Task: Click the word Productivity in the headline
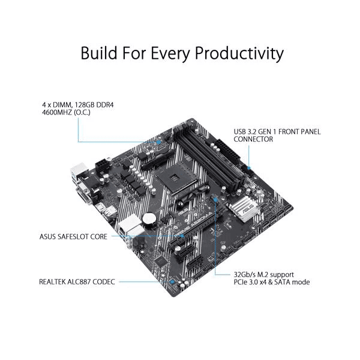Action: (x=239, y=53)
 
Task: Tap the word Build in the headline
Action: (x=99, y=53)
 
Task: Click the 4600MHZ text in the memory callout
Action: (x=57, y=113)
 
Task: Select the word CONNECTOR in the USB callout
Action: (x=253, y=139)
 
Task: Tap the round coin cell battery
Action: (x=148, y=218)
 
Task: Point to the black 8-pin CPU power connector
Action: (x=102, y=166)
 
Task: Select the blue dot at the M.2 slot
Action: (x=215, y=200)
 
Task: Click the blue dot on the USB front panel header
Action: (x=249, y=168)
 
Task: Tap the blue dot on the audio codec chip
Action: (x=172, y=281)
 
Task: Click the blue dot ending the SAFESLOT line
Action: (x=182, y=236)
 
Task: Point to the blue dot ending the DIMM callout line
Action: (x=158, y=142)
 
